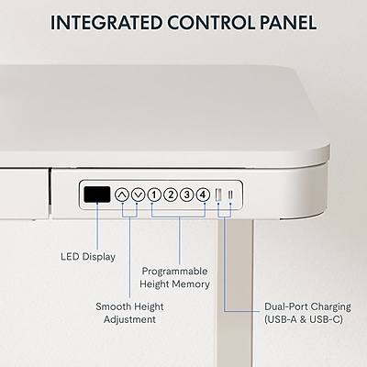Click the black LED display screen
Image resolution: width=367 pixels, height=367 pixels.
(97, 195)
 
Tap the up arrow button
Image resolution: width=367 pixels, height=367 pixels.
(122, 195)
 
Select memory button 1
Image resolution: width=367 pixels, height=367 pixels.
(154, 195)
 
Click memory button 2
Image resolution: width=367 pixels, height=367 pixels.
(171, 195)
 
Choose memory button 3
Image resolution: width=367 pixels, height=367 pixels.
(186, 195)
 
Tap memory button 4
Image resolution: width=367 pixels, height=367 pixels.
(203, 195)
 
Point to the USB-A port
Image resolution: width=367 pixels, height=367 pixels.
(219, 195)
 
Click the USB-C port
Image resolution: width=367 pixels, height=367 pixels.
(230, 195)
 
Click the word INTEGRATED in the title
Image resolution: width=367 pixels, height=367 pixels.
(106, 22)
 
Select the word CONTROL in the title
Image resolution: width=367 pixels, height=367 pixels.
(211, 22)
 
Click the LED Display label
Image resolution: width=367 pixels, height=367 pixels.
(88, 257)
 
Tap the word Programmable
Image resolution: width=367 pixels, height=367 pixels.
(174, 272)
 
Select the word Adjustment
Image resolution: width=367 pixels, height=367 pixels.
(129, 319)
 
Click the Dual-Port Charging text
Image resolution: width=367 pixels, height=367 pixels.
(307, 306)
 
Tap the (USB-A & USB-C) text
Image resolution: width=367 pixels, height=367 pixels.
(304, 319)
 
